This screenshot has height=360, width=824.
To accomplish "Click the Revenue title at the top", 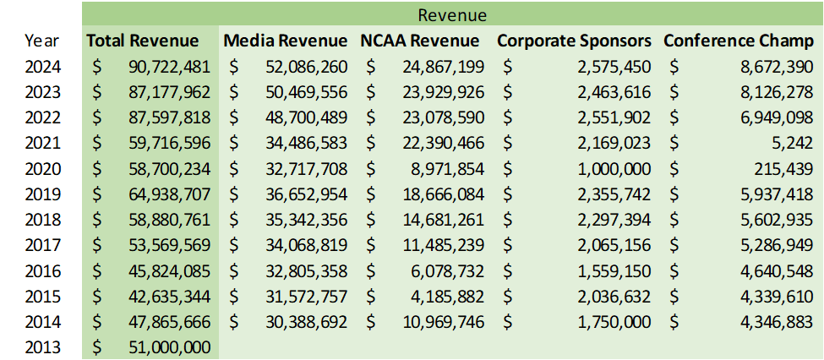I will (452, 14).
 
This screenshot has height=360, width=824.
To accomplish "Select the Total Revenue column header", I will (142, 41).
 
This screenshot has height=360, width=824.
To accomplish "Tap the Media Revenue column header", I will (285, 41).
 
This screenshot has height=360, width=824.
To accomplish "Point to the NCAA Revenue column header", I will (419, 41).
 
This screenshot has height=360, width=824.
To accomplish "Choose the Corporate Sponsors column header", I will (574, 41).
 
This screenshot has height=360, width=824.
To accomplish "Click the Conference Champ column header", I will (738, 41).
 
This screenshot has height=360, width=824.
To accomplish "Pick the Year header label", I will (42, 41).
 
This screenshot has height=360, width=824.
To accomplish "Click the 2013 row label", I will (42, 346).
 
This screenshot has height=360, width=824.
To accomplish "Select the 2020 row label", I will (42, 168).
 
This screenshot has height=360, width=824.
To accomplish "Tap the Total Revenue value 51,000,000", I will (169, 346).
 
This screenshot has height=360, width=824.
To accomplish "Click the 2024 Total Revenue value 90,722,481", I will (169, 66).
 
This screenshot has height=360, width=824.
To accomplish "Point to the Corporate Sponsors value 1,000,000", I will (614, 168).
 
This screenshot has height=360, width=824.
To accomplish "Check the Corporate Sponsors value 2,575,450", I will (614, 66).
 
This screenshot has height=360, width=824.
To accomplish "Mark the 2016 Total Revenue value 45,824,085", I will (169, 270).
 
